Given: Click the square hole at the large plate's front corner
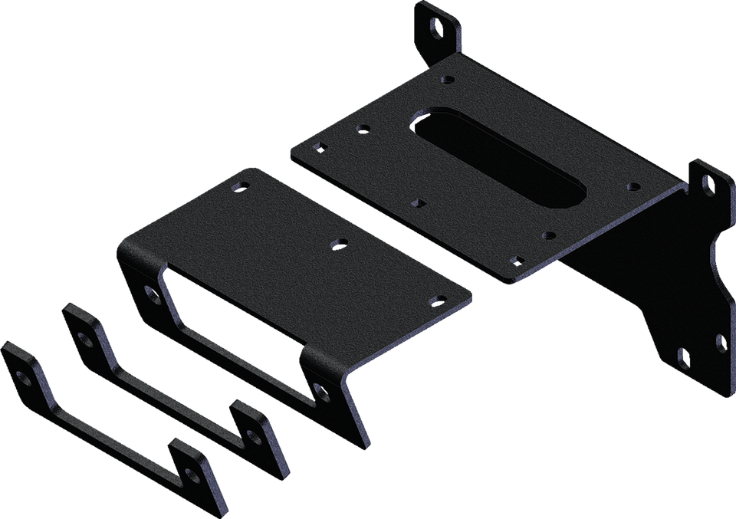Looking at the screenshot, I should tap(517, 261).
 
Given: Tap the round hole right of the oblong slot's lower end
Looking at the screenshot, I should tap(632, 186).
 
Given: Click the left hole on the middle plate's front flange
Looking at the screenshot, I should tap(149, 292).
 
